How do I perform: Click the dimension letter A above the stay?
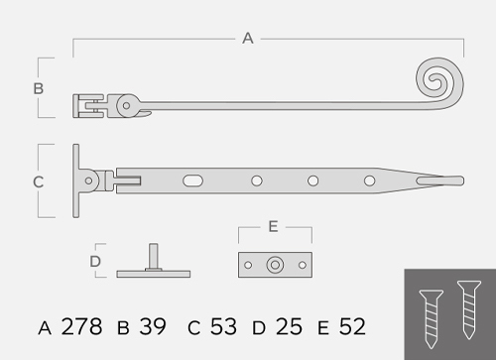click(248, 39)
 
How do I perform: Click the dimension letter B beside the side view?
click(39, 88)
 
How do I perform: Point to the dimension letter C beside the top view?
click(39, 181)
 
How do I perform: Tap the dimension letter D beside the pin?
click(95, 262)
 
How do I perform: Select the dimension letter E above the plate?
click(273, 227)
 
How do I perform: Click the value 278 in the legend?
click(81, 326)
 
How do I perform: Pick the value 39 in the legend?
click(153, 326)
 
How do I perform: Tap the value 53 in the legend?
click(223, 326)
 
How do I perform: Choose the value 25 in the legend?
click(289, 326)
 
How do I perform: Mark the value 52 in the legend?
click(352, 326)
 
